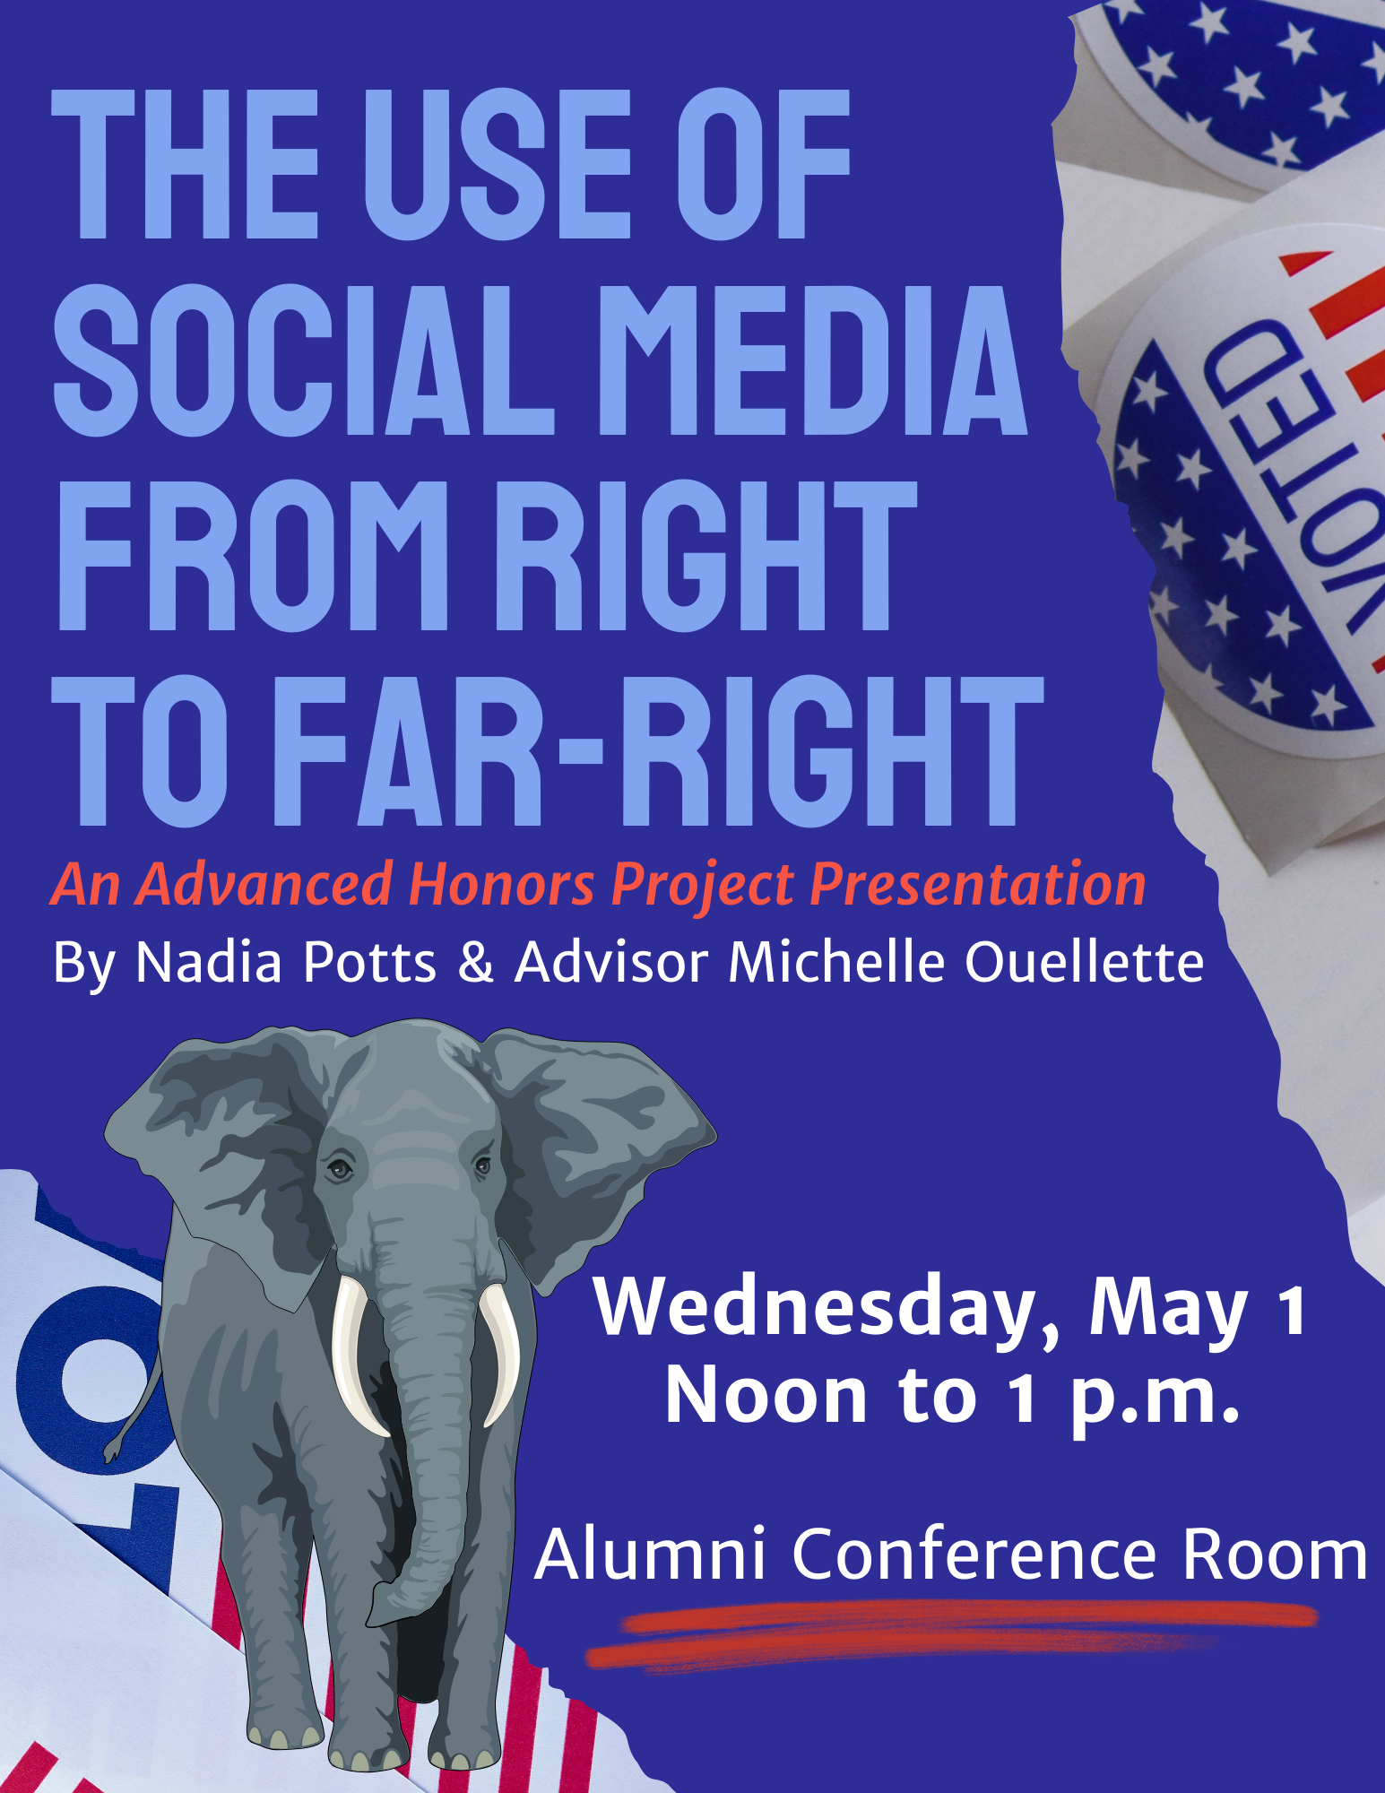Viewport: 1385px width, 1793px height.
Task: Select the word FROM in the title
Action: pos(252,555)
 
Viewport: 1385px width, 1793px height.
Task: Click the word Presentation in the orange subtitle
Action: pos(978,886)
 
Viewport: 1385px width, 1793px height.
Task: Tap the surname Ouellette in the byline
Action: pos(1084,962)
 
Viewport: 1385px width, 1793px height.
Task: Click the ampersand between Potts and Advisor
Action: pos(474,962)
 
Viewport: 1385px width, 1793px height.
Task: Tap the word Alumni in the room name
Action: pos(650,1554)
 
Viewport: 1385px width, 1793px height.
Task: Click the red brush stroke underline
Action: pos(950,1633)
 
